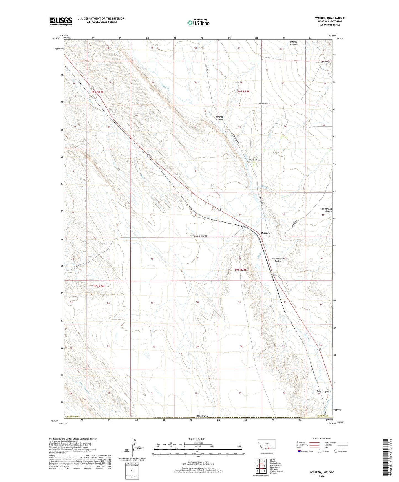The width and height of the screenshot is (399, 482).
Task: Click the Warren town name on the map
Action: click(x=265, y=233)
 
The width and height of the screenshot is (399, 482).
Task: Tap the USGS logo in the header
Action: click(x=61, y=21)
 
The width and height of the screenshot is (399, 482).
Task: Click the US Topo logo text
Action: click(x=199, y=23)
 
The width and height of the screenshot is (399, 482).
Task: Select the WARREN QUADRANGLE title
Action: click(x=330, y=18)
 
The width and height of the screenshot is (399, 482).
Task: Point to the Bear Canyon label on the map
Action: click(x=322, y=391)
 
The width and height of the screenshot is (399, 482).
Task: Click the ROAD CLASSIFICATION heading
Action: click(x=321, y=439)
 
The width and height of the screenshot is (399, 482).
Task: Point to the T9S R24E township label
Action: click(x=99, y=286)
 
